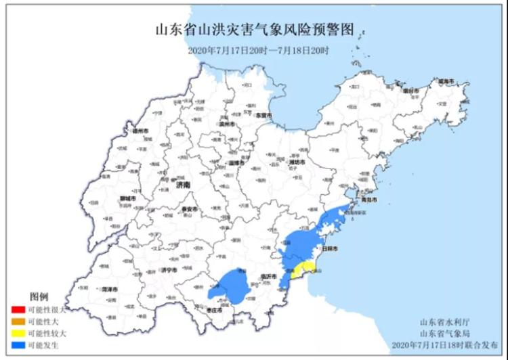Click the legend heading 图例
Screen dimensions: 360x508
pyautogui.click(x=39, y=296)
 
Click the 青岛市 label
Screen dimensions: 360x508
pyautogui.click(x=367, y=200)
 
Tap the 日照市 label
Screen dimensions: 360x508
pyautogui.click(x=330, y=249)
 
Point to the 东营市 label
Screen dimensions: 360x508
pyautogui.click(x=263, y=116)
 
